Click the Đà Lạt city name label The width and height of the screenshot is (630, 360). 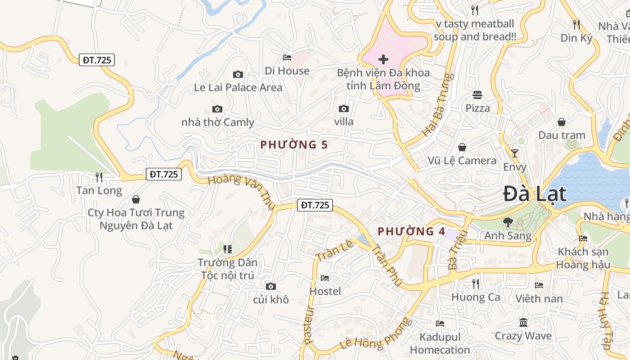535,194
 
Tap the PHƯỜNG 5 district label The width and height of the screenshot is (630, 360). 294,145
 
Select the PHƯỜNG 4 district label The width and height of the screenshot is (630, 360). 411,232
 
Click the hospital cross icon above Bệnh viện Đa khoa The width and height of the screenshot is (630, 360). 383,59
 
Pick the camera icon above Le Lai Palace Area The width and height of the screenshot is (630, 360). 238,74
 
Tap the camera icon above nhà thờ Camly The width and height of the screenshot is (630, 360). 217,109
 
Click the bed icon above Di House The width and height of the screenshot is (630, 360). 287,57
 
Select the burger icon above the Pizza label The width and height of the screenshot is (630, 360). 477,95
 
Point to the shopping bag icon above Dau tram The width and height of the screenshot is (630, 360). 562,122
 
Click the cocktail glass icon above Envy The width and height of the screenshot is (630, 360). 515,153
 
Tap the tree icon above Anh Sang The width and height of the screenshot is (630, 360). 508,222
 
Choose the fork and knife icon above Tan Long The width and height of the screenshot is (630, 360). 99,177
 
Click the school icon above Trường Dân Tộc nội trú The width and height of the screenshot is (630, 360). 228,249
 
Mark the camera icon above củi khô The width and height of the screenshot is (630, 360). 270,286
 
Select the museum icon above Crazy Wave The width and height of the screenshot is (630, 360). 523,322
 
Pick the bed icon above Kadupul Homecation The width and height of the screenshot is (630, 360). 440,323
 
